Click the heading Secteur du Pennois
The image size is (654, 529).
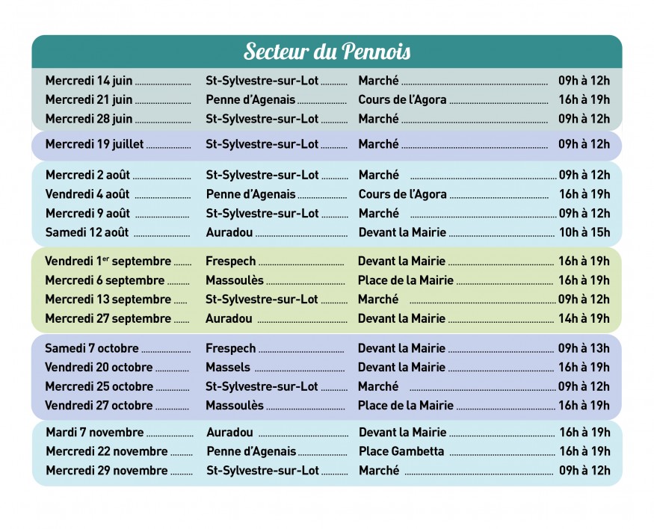pos(327,52)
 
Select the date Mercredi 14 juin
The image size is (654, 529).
pos(88,81)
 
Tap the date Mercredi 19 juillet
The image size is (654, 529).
pos(94,144)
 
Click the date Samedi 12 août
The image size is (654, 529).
pos(87,232)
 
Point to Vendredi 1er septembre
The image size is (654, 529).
pos(108,262)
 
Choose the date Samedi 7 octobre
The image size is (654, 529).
pos(91,349)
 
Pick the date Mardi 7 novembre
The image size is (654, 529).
pos(94,433)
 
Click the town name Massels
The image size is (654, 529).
pos(228,368)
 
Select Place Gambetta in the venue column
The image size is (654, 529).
pos(401,451)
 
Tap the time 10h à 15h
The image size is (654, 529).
pos(584,232)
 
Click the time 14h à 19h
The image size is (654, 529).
pos(584,318)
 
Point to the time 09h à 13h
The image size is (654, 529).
pos(584,349)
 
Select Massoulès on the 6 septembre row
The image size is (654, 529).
pos(234,280)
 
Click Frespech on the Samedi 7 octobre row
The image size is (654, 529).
pos(230,349)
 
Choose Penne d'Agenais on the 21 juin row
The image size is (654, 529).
pos(250,100)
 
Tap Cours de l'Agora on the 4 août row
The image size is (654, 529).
pos(402,194)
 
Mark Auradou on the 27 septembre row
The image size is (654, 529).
pos(229,318)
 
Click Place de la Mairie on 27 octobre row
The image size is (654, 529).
pos(405,406)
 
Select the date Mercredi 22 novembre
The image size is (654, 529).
pos(106,451)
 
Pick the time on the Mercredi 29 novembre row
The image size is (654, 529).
pos(584,471)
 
